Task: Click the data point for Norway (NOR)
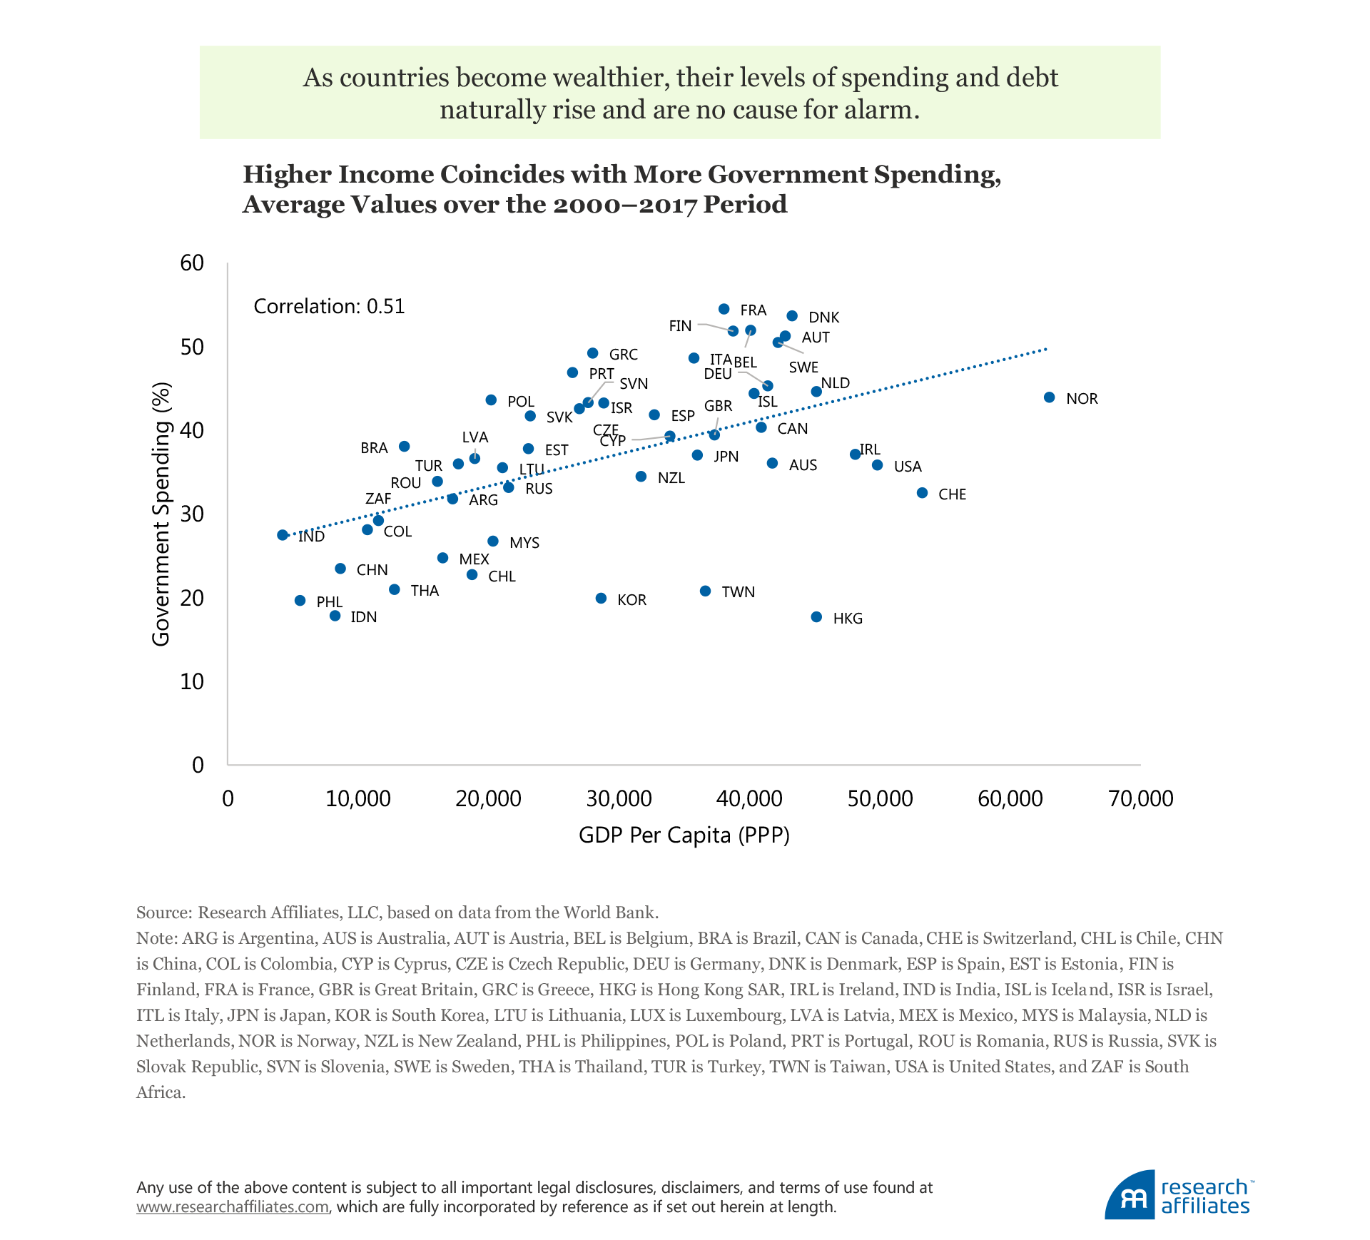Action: (1049, 397)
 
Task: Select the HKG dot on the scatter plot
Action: (816, 617)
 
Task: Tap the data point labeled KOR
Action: (601, 599)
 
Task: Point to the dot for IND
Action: (283, 535)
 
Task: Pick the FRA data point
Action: (724, 309)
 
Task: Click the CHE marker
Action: (922, 493)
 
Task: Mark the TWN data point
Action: (705, 591)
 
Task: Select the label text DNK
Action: (823, 317)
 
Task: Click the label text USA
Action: (908, 467)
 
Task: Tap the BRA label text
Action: (374, 448)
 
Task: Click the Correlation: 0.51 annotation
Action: (329, 307)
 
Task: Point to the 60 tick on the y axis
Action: (192, 263)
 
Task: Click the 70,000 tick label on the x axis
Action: (1140, 799)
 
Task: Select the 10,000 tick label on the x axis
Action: (357, 799)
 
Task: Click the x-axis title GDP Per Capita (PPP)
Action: (684, 835)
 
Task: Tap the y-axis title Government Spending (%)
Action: (161, 514)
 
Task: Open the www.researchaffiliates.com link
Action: (233, 1206)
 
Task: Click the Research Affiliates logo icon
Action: (1130, 1195)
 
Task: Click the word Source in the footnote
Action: (162, 913)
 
